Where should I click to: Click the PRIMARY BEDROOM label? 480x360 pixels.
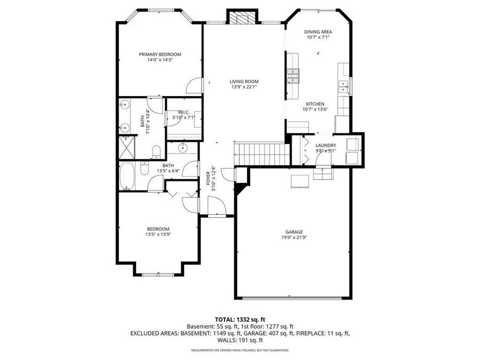[x=160, y=54]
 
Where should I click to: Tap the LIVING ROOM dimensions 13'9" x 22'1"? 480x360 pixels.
[x=244, y=87]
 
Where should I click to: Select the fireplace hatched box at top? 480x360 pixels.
[x=242, y=18]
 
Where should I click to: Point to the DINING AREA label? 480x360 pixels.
[x=318, y=32]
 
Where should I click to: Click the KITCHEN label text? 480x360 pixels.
[x=315, y=104]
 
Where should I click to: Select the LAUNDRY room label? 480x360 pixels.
[x=325, y=145]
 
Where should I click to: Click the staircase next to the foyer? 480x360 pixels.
[x=261, y=154]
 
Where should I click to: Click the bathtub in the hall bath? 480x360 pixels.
[x=127, y=177]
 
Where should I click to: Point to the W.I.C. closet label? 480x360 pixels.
[x=185, y=112]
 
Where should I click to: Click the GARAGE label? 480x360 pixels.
[x=294, y=232]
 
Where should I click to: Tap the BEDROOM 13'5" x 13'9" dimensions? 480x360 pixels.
[x=158, y=234]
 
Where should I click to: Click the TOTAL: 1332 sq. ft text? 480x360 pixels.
[x=240, y=317]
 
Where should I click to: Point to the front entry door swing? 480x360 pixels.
[x=217, y=207]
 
